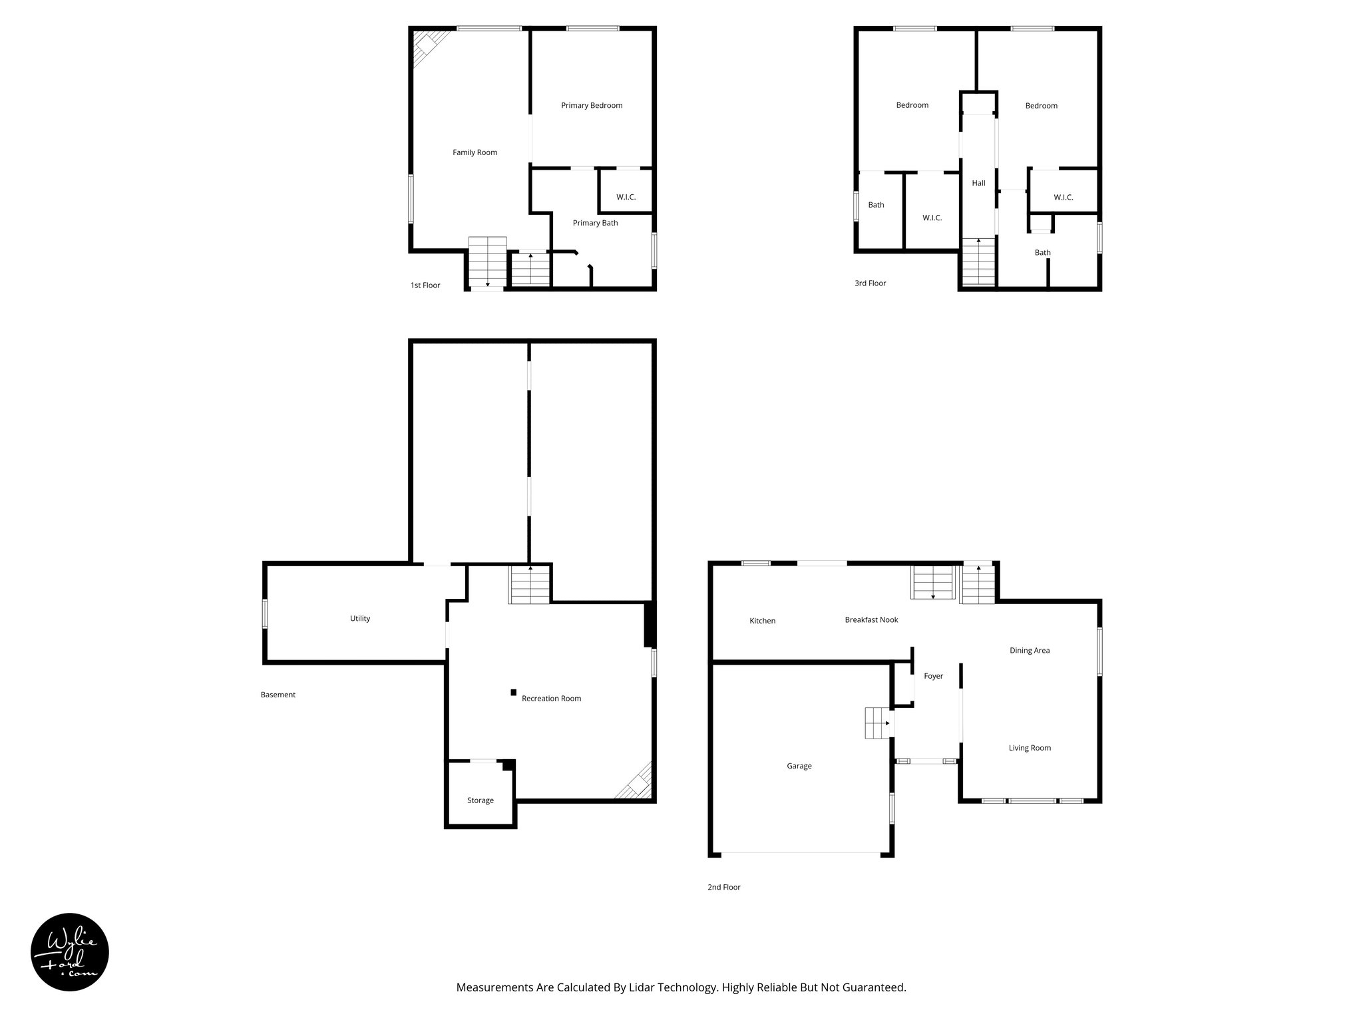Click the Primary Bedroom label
(x=592, y=105)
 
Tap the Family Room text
(x=475, y=152)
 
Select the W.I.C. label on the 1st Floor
(x=626, y=197)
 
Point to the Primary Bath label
(x=595, y=223)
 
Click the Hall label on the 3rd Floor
(x=978, y=183)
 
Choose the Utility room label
(x=360, y=618)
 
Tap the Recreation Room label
(x=551, y=698)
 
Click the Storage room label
(x=480, y=800)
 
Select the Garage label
(x=799, y=766)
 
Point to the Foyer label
(x=933, y=676)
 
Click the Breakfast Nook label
(x=871, y=619)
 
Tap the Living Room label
(x=1030, y=748)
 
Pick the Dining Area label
(x=1030, y=650)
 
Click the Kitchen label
(x=762, y=621)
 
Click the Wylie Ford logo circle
(x=70, y=952)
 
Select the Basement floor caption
(x=278, y=695)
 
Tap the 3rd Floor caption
(x=870, y=283)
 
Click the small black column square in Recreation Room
(x=513, y=693)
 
